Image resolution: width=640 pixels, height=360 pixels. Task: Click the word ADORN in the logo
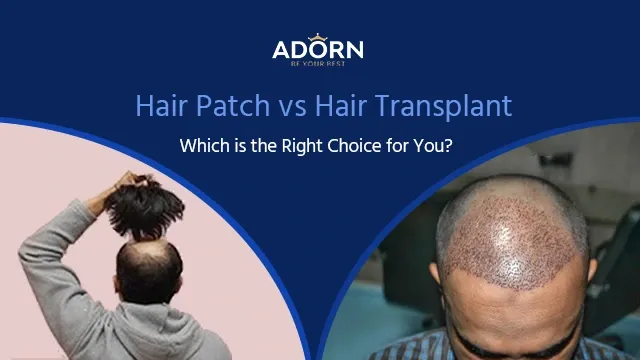coord(318,49)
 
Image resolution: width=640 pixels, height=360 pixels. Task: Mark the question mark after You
coord(456,145)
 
